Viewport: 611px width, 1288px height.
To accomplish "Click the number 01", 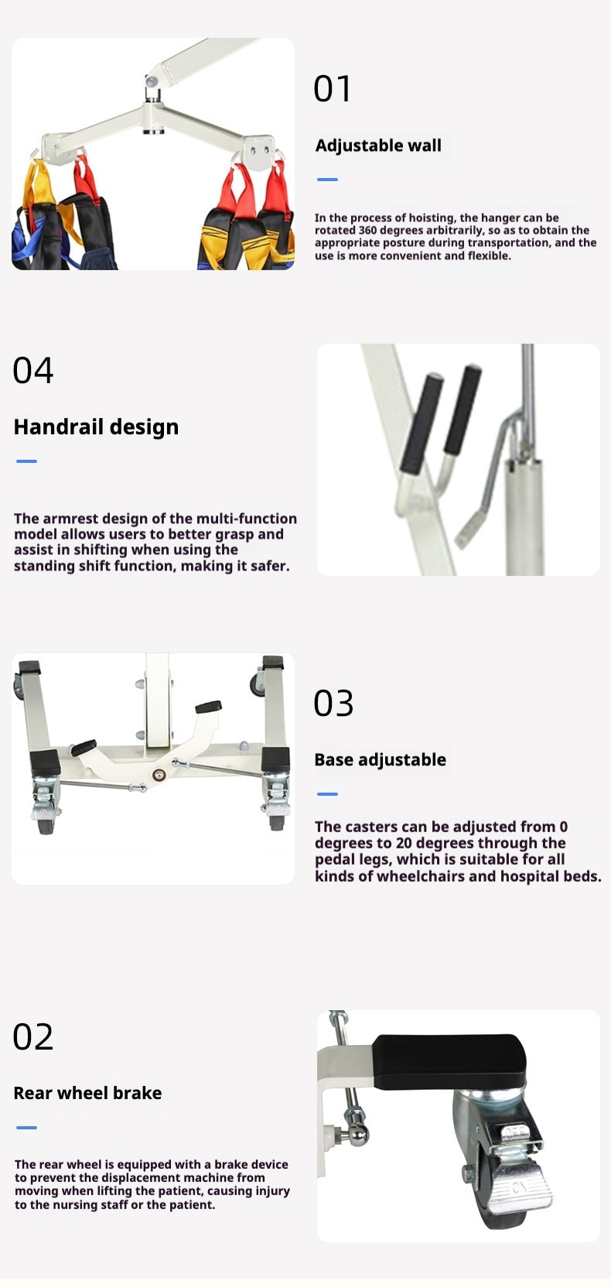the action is click(x=332, y=89).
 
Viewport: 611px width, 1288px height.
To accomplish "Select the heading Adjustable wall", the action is click(x=378, y=146).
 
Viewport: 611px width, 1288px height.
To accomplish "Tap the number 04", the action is click(x=32, y=370).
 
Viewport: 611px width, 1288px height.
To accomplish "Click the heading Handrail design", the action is click(x=96, y=427).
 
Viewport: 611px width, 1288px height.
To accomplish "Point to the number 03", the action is click(x=333, y=704).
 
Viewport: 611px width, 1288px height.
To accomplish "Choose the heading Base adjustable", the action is click(x=380, y=759).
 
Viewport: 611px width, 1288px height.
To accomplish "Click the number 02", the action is click(x=32, y=1036).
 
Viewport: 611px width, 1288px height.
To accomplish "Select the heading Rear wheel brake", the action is click(x=87, y=1092).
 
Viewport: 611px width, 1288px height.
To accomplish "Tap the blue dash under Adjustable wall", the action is click(x=327, y=180).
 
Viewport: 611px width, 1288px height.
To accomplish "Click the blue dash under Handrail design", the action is click(x=26, y=461).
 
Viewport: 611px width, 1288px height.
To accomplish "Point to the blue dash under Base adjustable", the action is click(x=327, y=794).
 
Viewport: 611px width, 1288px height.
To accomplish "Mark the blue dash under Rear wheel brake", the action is click(x=26, y=1128).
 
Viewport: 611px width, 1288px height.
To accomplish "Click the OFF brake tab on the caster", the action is click(x=516, y=1133).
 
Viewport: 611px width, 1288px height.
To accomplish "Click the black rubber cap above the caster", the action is click(x=449, y=1062).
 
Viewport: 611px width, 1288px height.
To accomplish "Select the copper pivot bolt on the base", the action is click(x=159, y=776).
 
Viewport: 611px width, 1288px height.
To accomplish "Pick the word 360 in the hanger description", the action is click(x=368, y=231).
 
